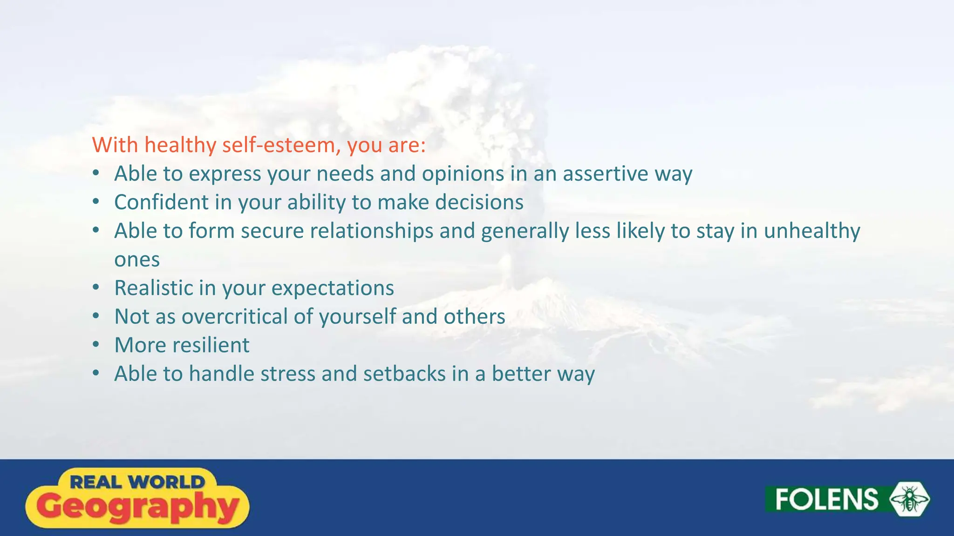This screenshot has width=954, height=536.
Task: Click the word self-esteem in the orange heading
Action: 279,145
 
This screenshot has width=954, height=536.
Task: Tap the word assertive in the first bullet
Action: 605,174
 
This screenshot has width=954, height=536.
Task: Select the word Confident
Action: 161,202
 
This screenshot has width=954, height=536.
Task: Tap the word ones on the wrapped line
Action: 137,260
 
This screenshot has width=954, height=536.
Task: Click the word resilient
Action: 211,345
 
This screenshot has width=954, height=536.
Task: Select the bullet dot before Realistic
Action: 96,288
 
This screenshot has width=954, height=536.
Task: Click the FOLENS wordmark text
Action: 826,499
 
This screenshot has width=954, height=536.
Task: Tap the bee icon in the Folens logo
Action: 909,499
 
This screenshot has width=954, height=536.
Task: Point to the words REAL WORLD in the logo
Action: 137,482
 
